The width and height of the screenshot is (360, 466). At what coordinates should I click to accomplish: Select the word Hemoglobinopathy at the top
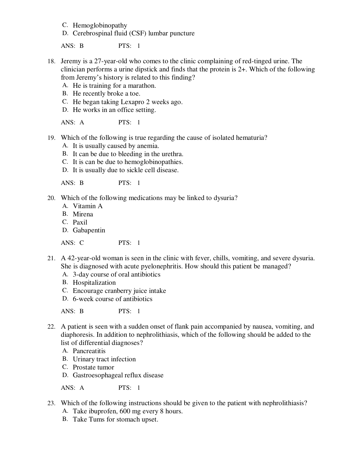(100, 25)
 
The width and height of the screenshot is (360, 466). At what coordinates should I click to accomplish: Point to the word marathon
(141, 86)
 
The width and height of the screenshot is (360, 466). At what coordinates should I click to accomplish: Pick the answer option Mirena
(83, 214)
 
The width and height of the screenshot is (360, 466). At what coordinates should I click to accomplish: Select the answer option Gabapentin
(89, 230)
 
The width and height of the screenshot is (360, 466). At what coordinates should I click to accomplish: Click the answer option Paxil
(80, 222)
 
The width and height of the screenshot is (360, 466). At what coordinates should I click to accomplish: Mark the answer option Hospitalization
(94, 283)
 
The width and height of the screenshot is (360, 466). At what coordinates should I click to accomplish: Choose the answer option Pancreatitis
(89, 351)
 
